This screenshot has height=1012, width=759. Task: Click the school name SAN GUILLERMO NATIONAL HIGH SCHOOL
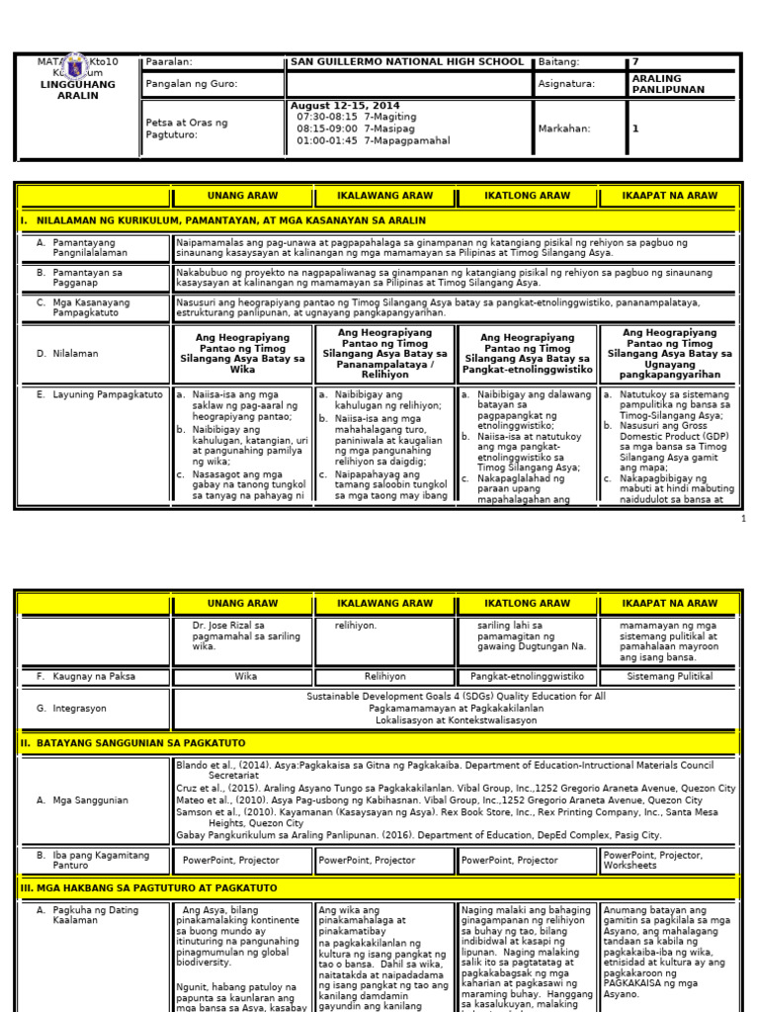(x=406, y=62)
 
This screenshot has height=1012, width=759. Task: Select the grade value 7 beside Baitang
(x=635, y=62)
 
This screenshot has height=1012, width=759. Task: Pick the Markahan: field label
(x=563, y=128)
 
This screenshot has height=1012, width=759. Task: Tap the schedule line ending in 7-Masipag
(x=358, y=128)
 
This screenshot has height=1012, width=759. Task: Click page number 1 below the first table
(x=743, y=518)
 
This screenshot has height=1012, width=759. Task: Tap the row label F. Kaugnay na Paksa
(x=85, y=677)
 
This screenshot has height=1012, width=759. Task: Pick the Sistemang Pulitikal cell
(x=669, y=677)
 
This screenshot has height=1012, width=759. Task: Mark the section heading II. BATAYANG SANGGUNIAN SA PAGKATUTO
(x=133, y=742)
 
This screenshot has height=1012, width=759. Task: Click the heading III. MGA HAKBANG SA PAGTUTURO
(x=149, y=887)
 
